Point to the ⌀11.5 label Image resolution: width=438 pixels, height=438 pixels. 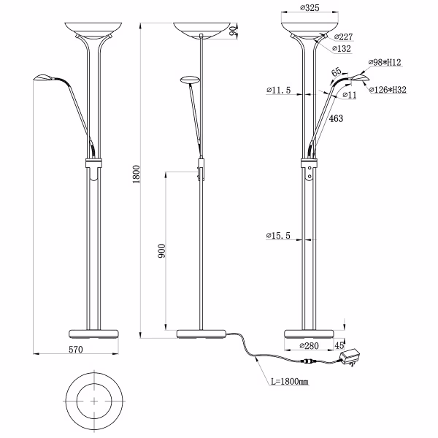pyautogui.click(x=279, y=91)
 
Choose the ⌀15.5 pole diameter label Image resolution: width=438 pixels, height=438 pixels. pyautogui.click(x=279, y=236)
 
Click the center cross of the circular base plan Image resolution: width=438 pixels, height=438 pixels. pyautogui.click(x=96, y=401)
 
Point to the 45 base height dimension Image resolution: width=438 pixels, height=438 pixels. pyautogui.click(x=339, y=345)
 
